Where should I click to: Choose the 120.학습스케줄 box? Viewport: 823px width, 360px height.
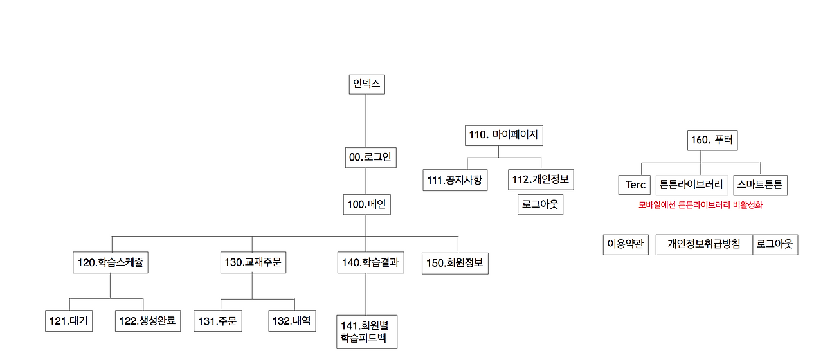click(x=110, y=262)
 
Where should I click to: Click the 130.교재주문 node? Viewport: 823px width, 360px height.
click(x=252, y=262)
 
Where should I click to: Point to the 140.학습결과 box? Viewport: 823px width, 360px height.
click(x=370, y=262)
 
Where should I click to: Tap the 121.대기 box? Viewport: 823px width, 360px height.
click(x=69, y=321)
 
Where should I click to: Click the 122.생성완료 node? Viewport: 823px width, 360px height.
click(x=148, y=321)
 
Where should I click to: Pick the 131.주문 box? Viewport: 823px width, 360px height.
click(x=218, y=321)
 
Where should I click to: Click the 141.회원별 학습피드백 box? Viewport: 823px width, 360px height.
click(x=366, y=331)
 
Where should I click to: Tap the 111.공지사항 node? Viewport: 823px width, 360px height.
click(x=455, y=180)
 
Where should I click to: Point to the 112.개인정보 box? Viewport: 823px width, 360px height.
click(x=541, y=179)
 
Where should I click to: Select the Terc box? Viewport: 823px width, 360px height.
click(x=635, y=185)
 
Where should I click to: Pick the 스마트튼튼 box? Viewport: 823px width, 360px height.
click(x=760, y=185)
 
